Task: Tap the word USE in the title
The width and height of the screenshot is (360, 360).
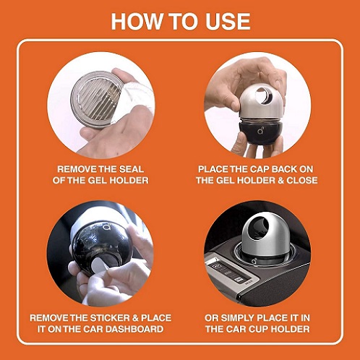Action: [228, 21]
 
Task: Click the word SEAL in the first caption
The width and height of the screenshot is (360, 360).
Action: [132, 169]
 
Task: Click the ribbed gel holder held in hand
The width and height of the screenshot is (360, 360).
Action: [96, 98]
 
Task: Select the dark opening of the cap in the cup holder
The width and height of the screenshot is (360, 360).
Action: [258, 228]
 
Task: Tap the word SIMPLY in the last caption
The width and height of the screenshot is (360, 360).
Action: [237, 318]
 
